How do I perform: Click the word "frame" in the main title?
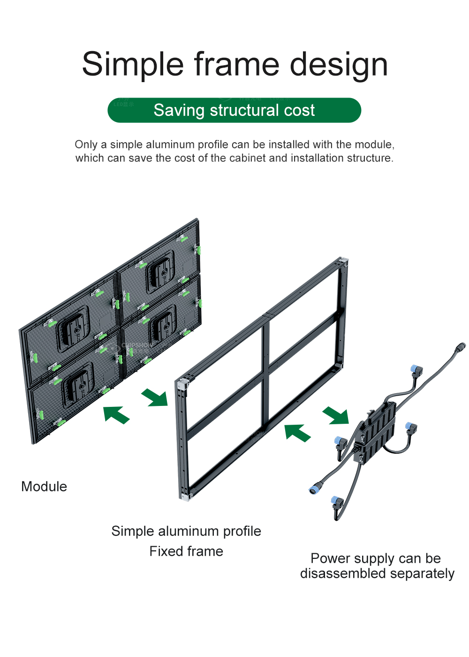coord(236,64)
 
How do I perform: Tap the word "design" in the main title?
coord(339,64)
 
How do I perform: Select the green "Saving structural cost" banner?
coord(234,110)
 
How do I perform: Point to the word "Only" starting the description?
coord(86,145)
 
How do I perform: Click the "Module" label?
coord(44,487)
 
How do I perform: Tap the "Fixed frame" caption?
coord(186,551)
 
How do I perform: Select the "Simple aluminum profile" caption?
coord(186,531)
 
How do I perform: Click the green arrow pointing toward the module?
coord(115,414)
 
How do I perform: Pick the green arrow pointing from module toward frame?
coord(155,397)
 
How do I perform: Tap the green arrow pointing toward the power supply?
coord(336,415)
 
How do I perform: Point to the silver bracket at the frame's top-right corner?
coord(344,261)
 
